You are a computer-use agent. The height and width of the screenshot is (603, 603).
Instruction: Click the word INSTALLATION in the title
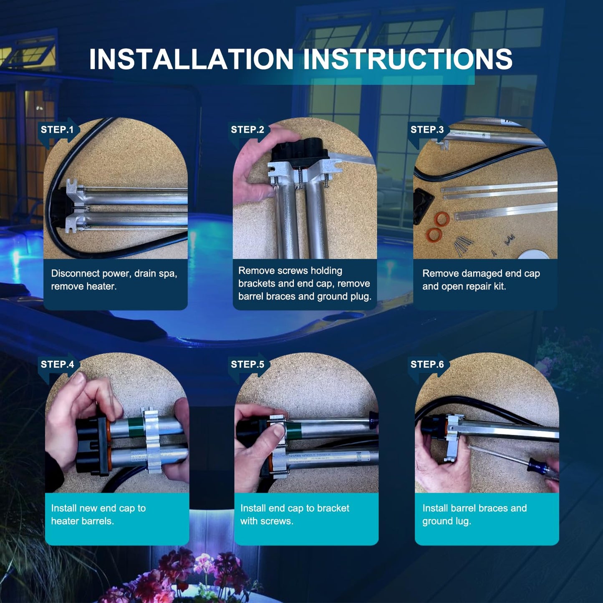pyautogui.click(x=191, y=59)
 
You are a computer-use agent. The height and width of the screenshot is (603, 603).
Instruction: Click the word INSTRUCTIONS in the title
pyautogui.click(x=407, y=59)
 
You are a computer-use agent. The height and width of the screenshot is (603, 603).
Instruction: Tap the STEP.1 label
pyautogui.click(x=57, y=129)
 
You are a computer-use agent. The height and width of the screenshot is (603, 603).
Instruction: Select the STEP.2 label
pyautogui.click(x=247, y=129)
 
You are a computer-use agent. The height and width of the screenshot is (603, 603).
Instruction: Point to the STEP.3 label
pyautogui.click(x=427, y=129)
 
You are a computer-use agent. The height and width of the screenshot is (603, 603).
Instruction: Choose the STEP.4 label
pyautogui.click(x=57, y=364)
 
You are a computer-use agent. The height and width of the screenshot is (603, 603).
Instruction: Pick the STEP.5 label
pyautogui.click(x=247, y=364)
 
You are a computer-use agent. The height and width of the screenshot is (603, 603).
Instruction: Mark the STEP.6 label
pyautogui.click(x=427, y=364)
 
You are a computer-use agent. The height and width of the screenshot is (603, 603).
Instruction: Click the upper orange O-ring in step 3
pyautogui.click(x=442, y=219)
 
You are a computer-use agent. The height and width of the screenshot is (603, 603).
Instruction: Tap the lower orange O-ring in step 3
pyautogui.click(x=434, y=235)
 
